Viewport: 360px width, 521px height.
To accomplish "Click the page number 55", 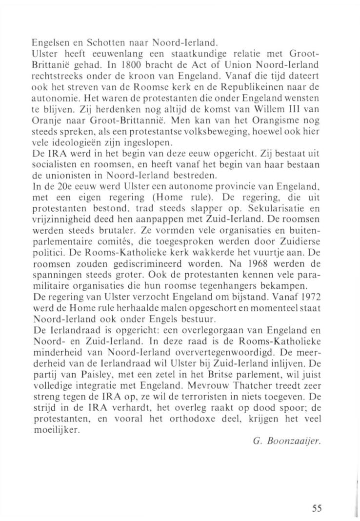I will (317, 494).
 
